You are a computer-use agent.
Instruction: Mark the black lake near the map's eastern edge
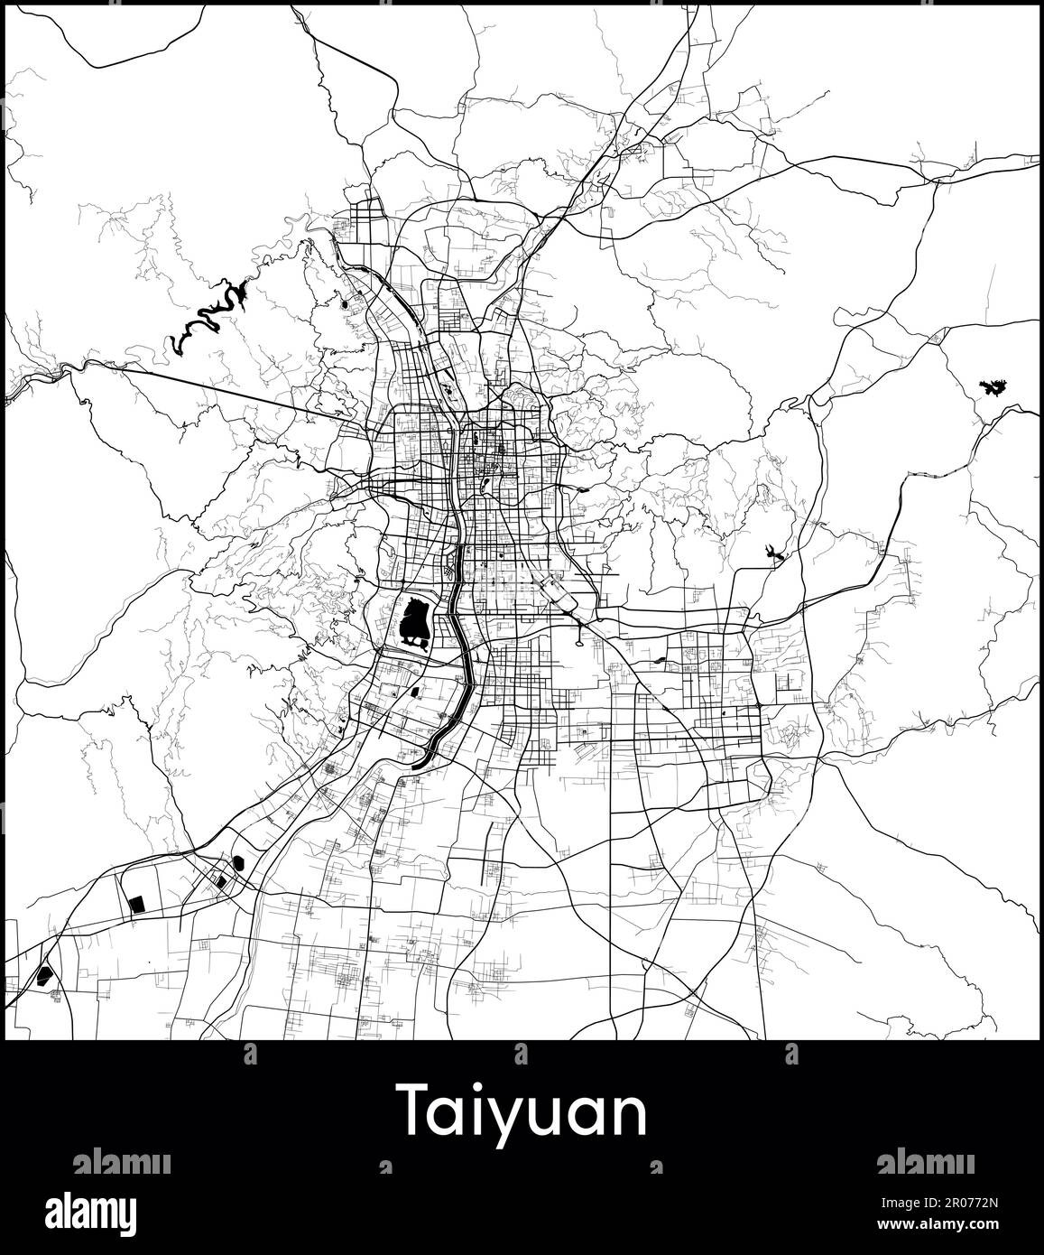(x=993, y=389)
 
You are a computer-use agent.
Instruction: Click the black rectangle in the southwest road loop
(x=136, y=902)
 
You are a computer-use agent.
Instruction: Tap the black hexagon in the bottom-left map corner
(x=43, y=975)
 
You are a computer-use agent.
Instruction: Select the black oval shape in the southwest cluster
(x=238, y=862)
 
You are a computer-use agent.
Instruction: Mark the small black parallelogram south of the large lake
(x=414, y=693)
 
